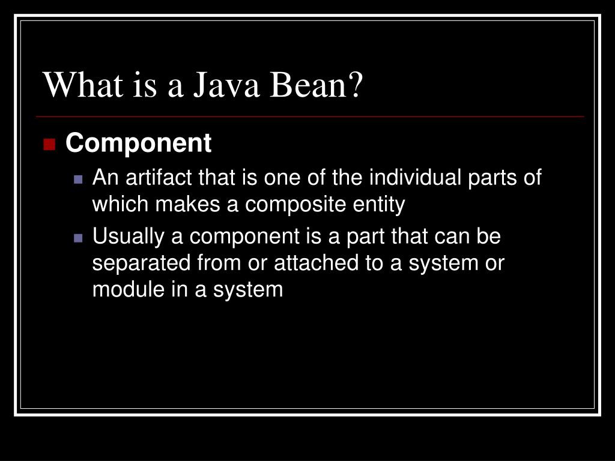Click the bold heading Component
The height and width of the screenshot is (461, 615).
[x=138, y=143]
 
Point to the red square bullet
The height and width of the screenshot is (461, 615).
[x=49, y=145]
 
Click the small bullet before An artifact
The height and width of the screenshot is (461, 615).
[x=78, y=179]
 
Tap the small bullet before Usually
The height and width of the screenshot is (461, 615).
[x=78, y=238]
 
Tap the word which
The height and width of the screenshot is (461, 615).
[x=121, y=205]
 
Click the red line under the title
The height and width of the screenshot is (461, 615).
[x=310, y=116]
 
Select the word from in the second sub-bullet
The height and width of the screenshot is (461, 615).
[x=208, y=263]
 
